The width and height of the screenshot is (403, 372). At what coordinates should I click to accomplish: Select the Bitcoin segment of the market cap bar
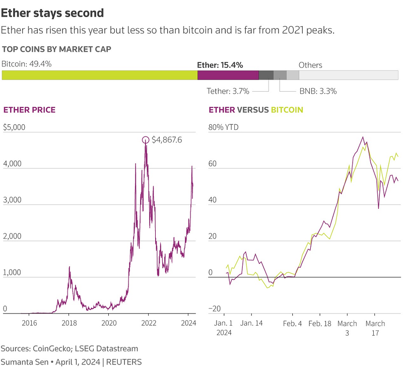pos(100,75)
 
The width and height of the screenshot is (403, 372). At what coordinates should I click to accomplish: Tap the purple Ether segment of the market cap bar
pos(228,75)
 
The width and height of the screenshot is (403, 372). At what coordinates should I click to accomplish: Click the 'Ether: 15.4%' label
pos(220,65)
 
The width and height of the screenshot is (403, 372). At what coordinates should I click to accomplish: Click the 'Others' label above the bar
pos(310,65)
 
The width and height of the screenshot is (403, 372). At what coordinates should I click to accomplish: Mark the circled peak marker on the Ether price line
pos(146,140)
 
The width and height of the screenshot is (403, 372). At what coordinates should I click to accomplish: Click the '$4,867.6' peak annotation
pos(167,140)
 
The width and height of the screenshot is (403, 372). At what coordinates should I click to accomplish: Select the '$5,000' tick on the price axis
pos(14,127)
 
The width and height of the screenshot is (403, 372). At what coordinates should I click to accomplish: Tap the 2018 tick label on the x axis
pos(69,323)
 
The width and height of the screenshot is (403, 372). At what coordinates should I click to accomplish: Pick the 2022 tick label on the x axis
pos(148,323)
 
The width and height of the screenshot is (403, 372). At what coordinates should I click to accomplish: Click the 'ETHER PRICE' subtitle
pos(29,110)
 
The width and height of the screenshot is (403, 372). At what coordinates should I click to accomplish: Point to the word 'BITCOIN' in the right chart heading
pos(287,110)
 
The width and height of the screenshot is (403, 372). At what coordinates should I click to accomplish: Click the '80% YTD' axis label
pos(224,127)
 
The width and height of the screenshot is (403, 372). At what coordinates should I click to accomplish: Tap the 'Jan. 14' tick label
pos(251,323)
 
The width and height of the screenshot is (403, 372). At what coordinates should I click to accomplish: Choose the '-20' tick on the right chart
pos(216,309)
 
